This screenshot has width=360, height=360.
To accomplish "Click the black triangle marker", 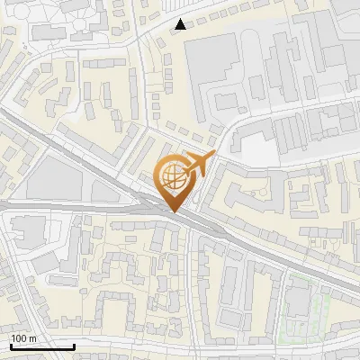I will (182, 24).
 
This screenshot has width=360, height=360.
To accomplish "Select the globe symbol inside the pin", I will (175, 178).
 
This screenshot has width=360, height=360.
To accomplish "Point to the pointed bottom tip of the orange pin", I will (175, 211).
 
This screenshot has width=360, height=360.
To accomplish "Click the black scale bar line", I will (42, 346).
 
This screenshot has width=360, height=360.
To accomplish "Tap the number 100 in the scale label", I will (19, 338).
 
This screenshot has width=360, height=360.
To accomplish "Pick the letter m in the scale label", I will (31, 338).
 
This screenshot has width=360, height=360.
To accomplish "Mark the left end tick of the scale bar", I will (10, 345).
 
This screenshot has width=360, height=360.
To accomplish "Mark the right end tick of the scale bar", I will (75, 345).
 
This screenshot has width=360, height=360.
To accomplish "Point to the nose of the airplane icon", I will (212, 156).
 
